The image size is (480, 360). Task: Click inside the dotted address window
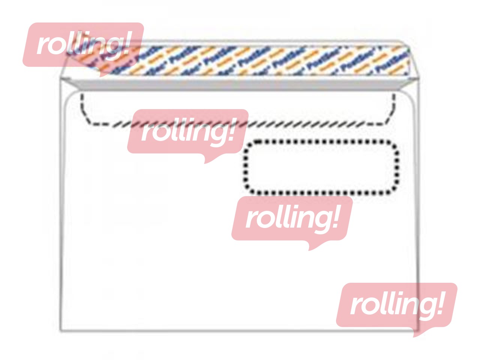tap(321, 167)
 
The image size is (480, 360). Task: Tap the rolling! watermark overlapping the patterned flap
tap(83, 44)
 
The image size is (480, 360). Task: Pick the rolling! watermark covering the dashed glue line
tap(187, 131)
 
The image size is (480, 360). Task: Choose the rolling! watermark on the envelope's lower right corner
tap(396, 304)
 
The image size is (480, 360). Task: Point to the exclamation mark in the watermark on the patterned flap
tap(126, 43)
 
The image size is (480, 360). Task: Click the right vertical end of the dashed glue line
tap(393, 107)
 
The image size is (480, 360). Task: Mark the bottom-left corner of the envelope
tap(61, 331)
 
